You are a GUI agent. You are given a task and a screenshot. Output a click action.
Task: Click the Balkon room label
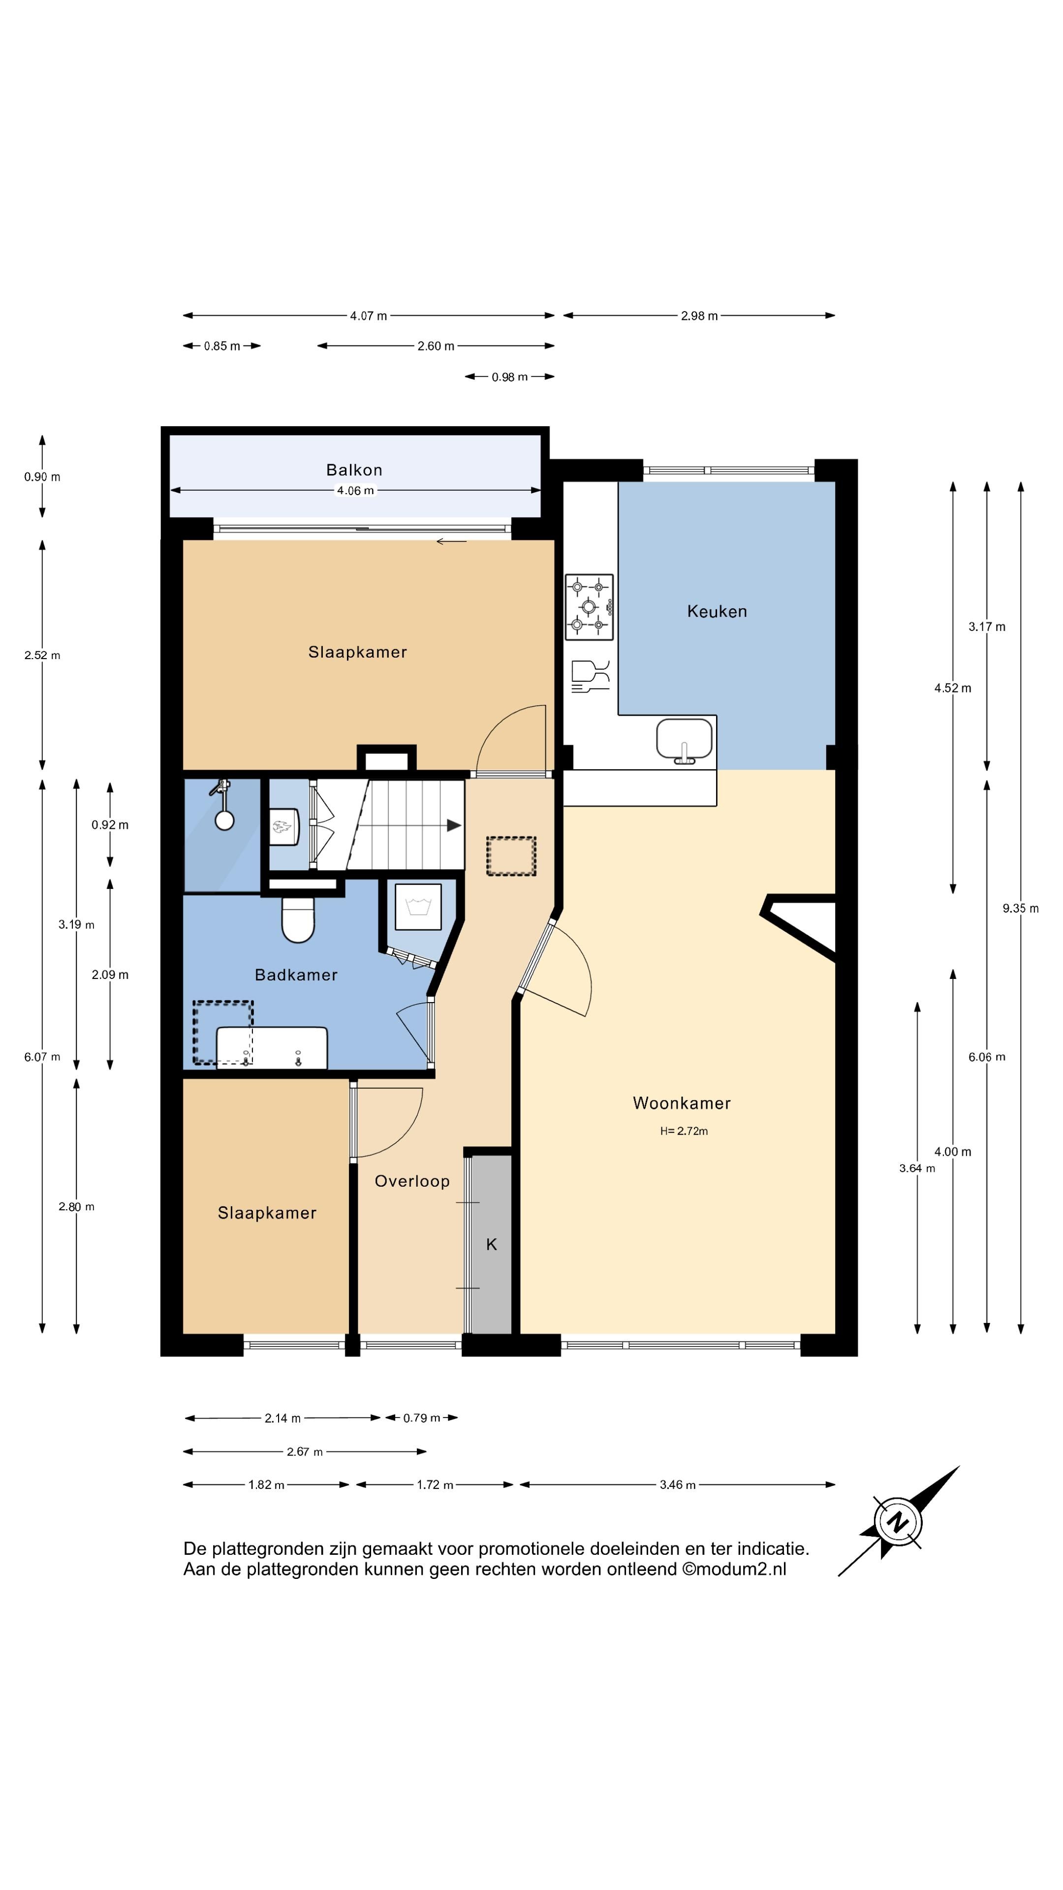[354, 470]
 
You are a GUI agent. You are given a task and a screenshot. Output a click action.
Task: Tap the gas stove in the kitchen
[589, 607]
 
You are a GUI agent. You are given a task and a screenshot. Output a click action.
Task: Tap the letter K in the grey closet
[492, 1244]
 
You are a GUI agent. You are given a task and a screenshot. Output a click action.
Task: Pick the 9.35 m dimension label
[1021, 908]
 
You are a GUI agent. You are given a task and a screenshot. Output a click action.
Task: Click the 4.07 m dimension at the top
[368, 316]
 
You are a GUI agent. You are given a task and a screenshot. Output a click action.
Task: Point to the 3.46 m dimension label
[677, 1484]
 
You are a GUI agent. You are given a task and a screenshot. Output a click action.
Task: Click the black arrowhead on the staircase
[454, 825]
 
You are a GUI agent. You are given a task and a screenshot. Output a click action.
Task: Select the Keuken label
[717, 611]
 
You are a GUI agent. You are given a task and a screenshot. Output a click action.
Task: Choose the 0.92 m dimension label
[110, 825]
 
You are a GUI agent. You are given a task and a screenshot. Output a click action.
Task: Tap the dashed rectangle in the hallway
[511, 856]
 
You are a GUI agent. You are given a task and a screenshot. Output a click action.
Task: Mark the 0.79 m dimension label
[422, 1417]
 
